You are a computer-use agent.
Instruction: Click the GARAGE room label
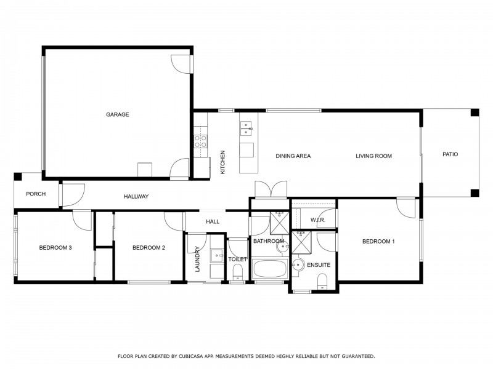[117, 114]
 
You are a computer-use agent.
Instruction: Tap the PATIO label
[450, 155]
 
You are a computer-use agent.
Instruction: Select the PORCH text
[36, 194]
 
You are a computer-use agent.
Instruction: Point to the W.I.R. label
[317, 220]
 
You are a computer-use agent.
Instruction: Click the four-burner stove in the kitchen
[201, 142]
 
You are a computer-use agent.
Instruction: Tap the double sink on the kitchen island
[246, 128]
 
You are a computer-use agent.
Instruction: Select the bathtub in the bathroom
[270, 269]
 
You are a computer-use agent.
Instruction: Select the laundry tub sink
[217, 255]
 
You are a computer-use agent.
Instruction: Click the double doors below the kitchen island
[270, 189]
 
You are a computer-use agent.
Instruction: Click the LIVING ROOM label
[373, 156]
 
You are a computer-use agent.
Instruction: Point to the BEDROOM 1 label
[378, 242]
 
